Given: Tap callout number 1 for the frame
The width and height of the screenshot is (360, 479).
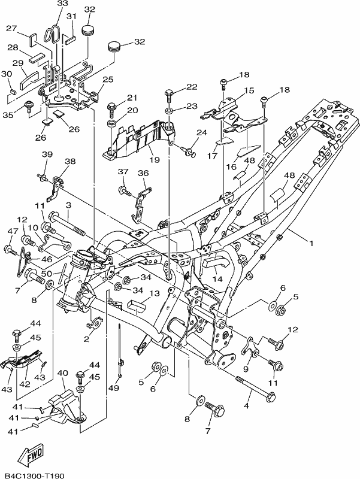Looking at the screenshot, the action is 311,244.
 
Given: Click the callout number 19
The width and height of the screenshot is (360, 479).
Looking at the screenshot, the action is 155,160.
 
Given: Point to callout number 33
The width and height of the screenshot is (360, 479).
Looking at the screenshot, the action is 63,4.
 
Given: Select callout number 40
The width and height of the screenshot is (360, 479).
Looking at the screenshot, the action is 63,373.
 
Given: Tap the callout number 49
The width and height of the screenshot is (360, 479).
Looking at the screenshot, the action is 114,387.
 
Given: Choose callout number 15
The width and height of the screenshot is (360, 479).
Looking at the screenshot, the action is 249,90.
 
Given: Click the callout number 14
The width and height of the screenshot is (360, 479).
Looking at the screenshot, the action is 218,278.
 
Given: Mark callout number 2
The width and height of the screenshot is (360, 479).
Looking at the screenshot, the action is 86,339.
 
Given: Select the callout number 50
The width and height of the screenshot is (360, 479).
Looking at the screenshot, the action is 47,274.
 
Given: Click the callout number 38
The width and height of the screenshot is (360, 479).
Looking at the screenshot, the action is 70,161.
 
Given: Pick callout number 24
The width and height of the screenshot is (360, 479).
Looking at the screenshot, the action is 202,132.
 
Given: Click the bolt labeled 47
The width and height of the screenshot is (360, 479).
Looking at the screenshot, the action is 10,250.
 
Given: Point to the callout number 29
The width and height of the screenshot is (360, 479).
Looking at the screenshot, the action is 18,63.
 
